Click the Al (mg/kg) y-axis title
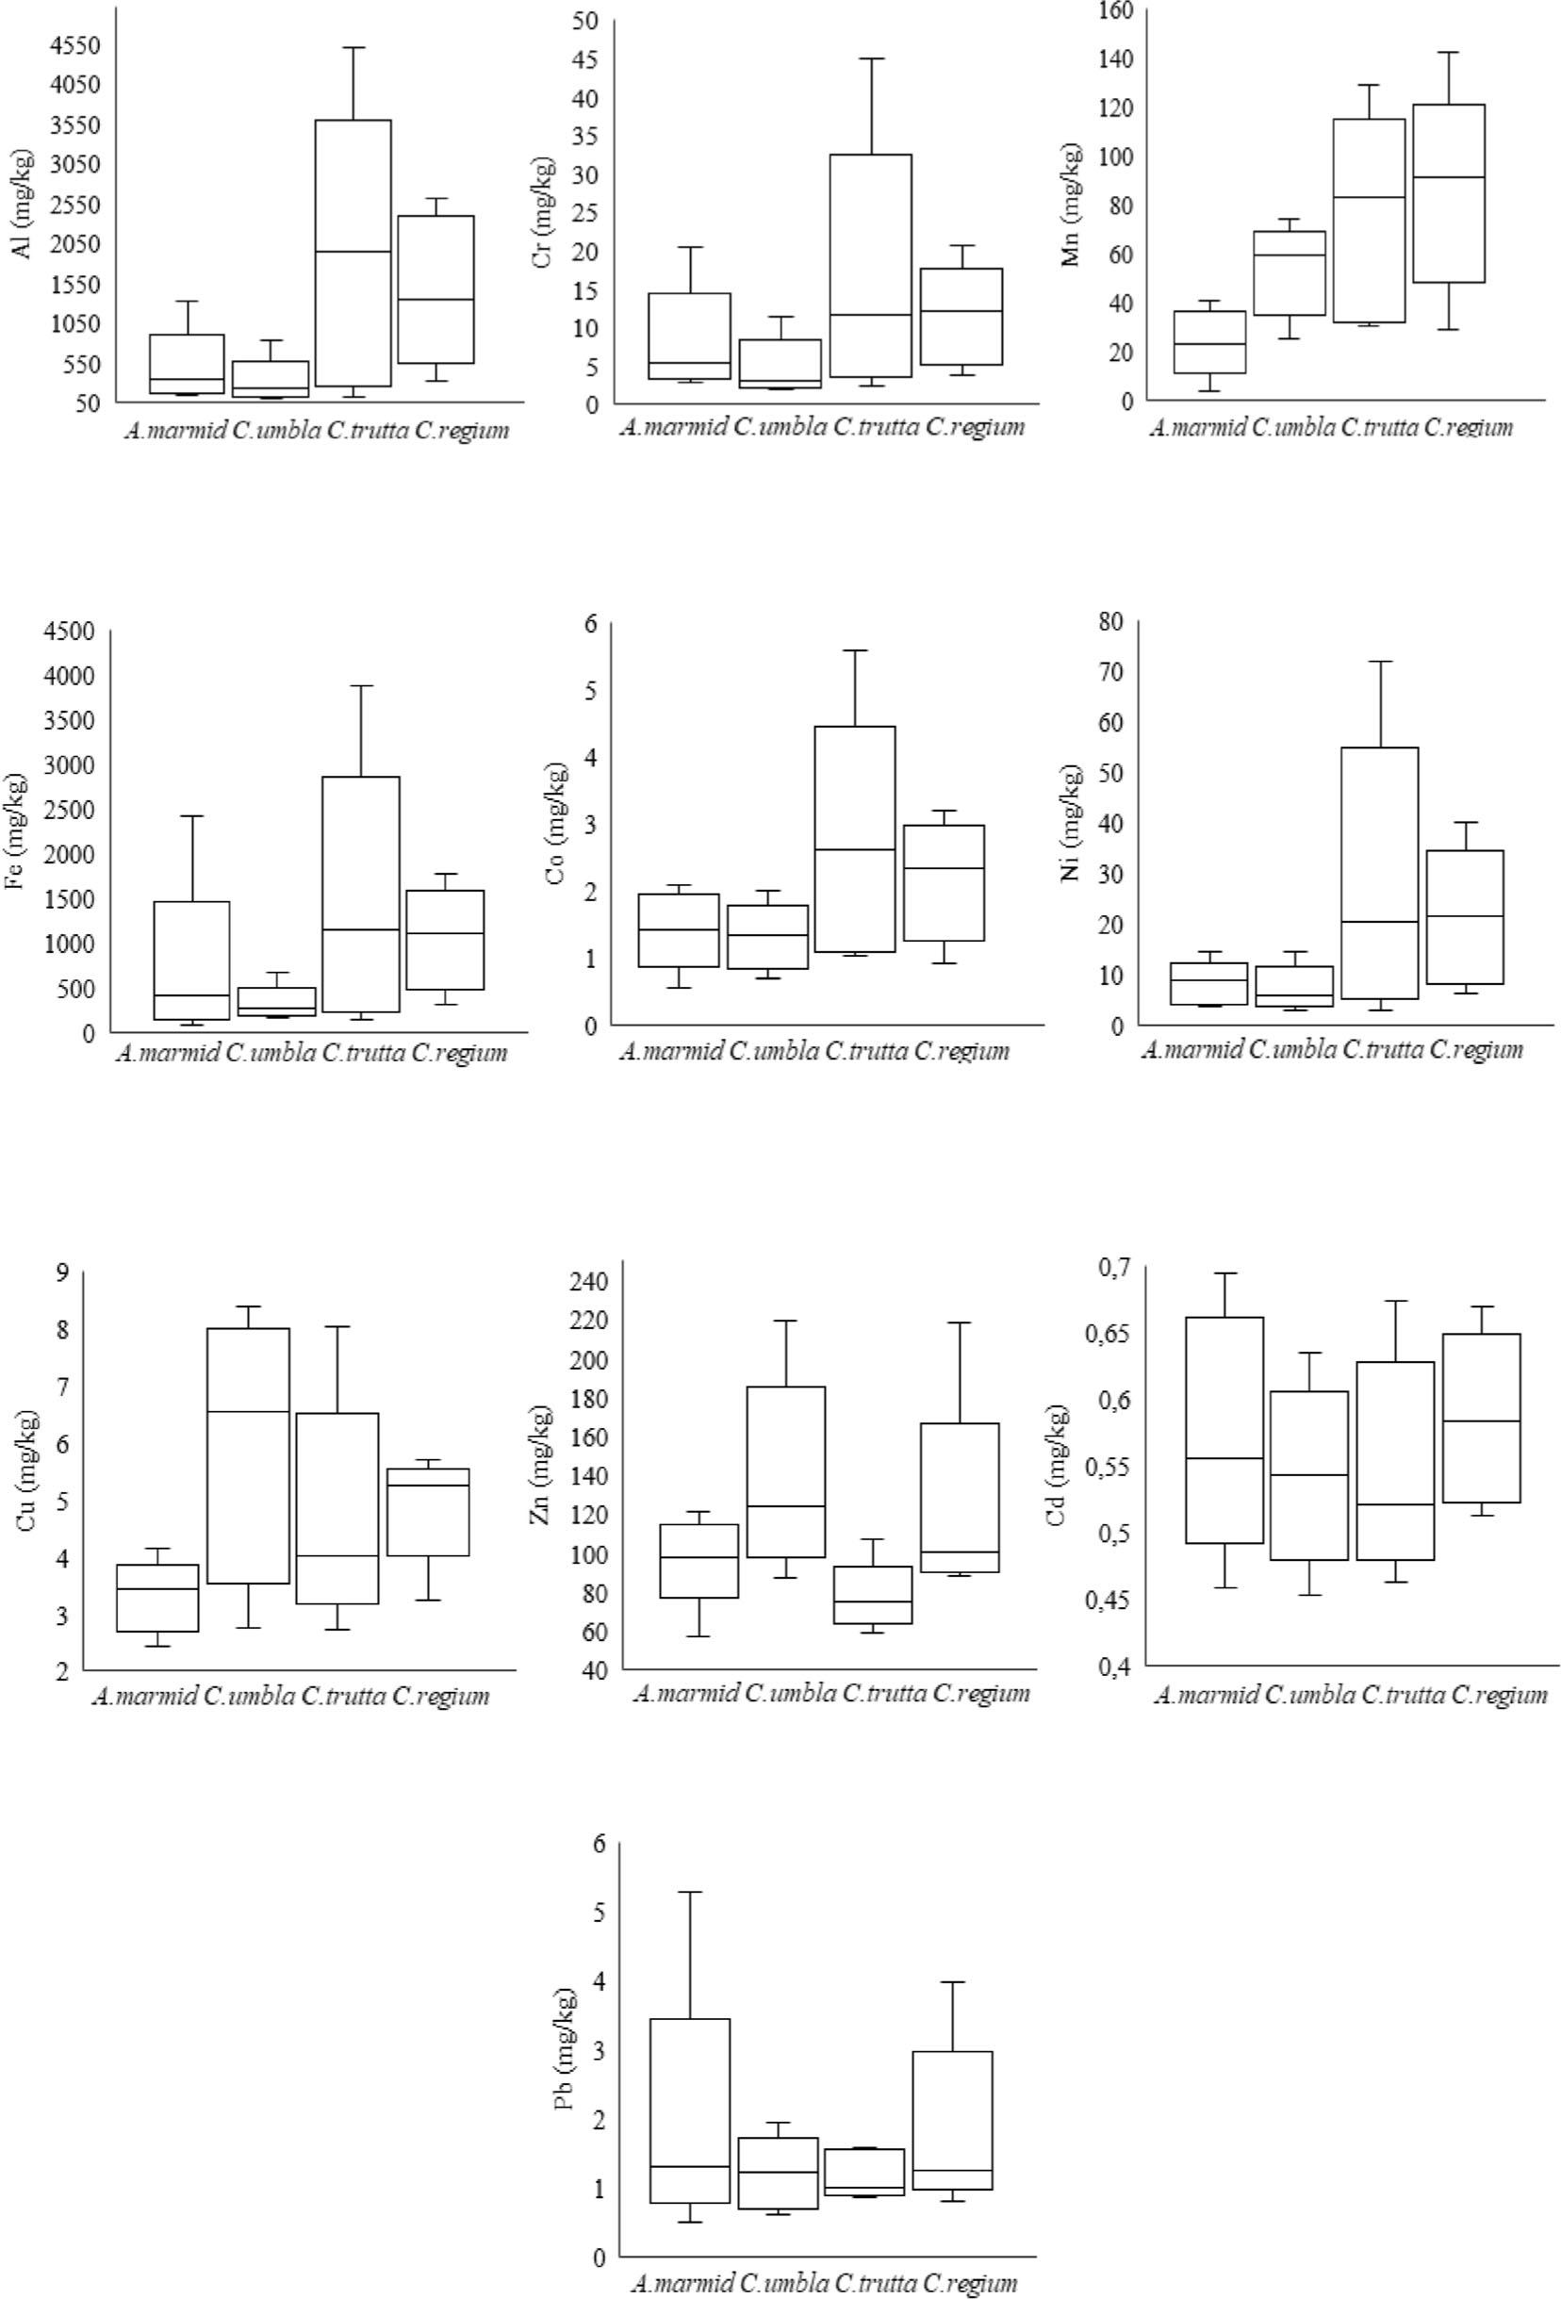[23, 205]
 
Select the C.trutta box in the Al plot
[353, 253]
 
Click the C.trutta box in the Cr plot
[874, 265]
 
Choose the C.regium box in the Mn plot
[1448, 193]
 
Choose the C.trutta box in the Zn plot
[874, 1595]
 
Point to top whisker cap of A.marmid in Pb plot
[689, 1893]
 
